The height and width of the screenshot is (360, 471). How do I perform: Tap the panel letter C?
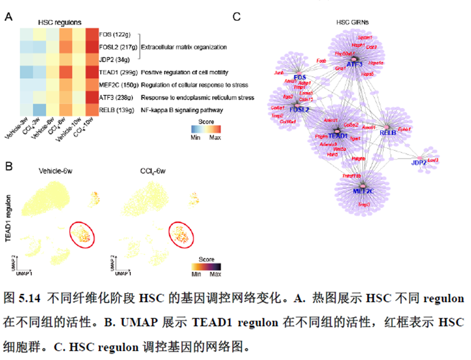click(236, 17)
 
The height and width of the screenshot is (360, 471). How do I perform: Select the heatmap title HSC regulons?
click(60, 22)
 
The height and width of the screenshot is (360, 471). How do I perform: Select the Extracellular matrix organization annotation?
click(183, 47)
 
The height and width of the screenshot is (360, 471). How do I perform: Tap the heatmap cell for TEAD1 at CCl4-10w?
click(91, 72)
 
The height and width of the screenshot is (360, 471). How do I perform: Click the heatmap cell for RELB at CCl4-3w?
click(39, 110)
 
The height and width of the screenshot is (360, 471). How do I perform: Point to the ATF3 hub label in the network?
click(354, 64)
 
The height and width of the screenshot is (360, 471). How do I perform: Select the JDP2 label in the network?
click(419, 162)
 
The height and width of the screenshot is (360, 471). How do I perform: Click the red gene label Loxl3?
click(433, 160)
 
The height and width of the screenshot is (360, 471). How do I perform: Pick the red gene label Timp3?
click(364, 205)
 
